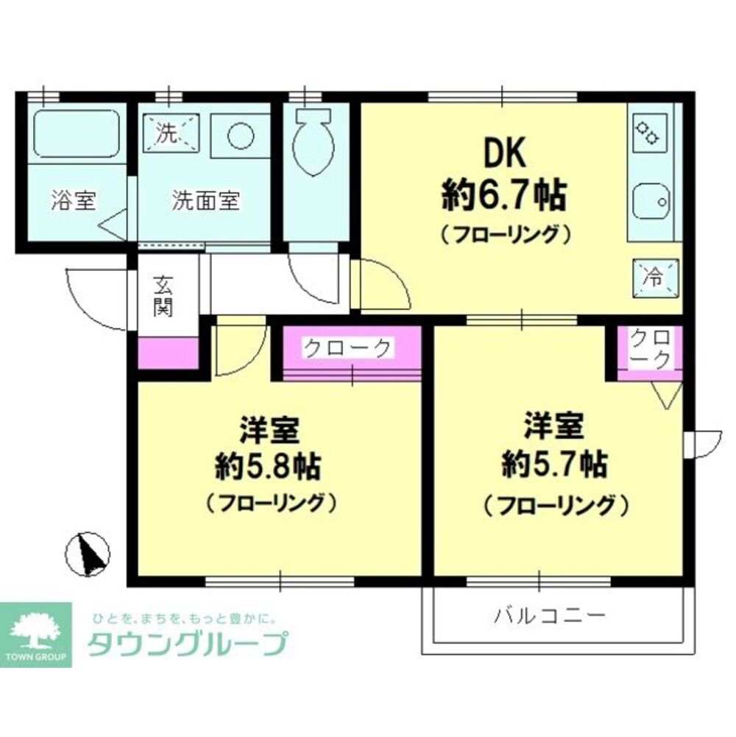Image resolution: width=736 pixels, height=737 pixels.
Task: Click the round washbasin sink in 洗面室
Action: tap(239, 136)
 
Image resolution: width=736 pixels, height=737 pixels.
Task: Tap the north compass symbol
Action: tap(88, 553)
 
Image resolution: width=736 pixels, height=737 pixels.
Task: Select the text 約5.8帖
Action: tap(267, 465)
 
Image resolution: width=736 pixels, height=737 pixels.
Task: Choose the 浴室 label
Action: tap(74, 201)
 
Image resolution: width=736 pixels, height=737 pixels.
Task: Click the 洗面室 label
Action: tap(205, 201)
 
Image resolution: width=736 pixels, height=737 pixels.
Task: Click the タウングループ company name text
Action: tap(186, 645)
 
